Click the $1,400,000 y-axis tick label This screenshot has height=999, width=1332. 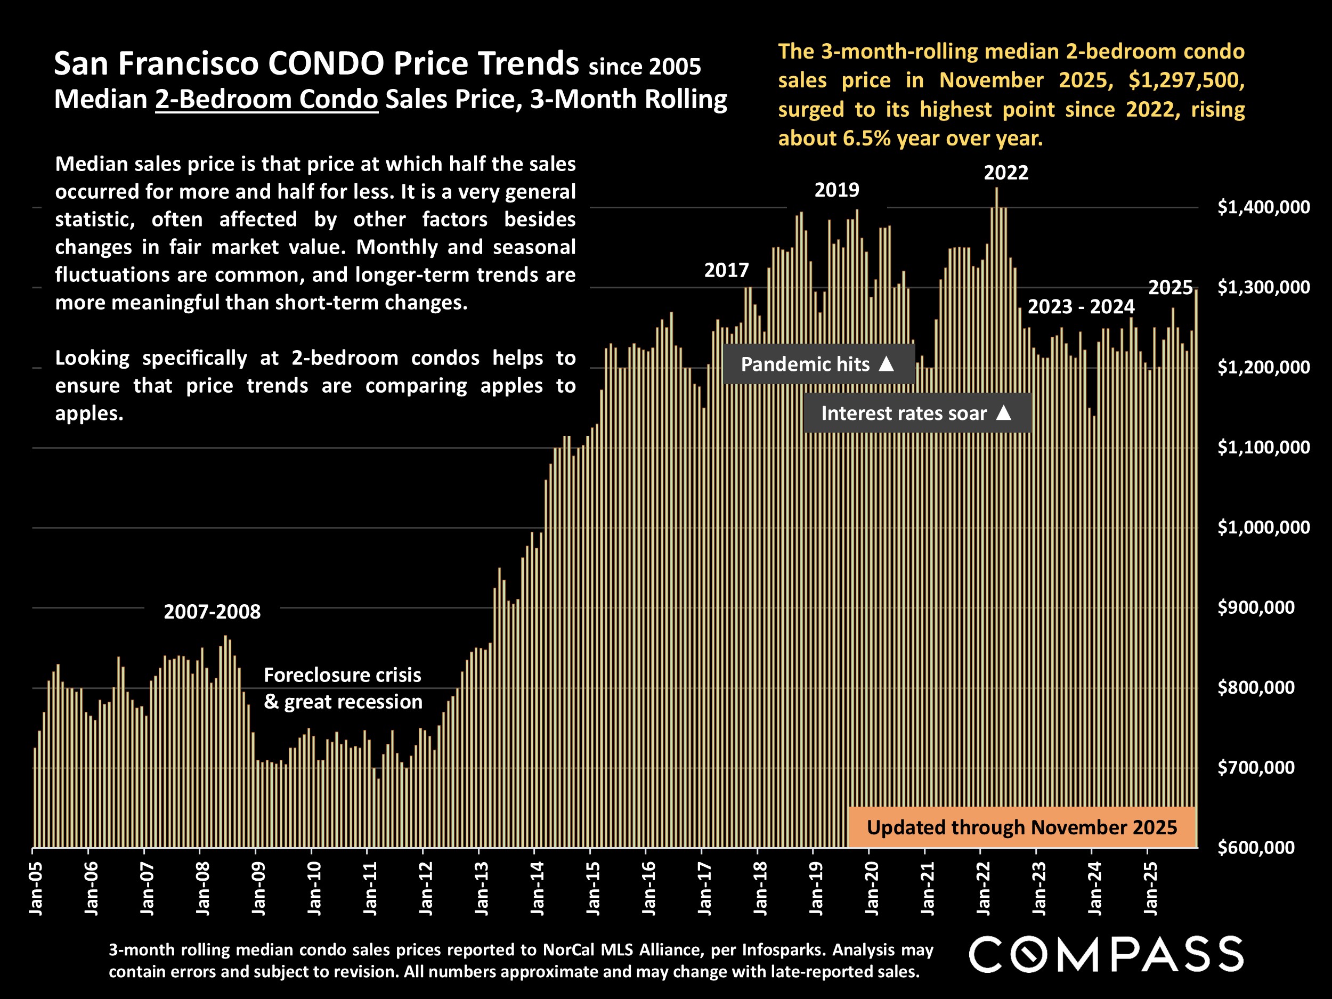pyautogui.click(x=1263, y=207)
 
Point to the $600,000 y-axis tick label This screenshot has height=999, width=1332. pyautogui.click(x=1255, y=847)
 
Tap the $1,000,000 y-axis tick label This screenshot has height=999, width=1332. pyautogui.click(x=1263, y=527)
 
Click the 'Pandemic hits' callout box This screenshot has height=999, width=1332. pyautogui.click(x=818, y=364)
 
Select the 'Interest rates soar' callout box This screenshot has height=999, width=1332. pyautogui.click(x=916, y=413)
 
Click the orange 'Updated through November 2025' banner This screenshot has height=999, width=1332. pyautogui.click(x=1021, y=827)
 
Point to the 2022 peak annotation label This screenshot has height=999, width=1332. pyautogui.click(x=1005, y=173)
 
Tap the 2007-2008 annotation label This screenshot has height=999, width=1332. pyautogui.click(x=212, y=612)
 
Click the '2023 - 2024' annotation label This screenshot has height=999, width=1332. pyautogui.click(x=1081, y=306)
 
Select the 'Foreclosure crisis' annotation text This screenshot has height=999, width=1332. pyautogui.click(x=342, y=675)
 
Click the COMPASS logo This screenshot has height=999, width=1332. pyautogui.click(x=1106, y=954)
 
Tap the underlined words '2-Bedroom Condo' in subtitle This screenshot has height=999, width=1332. pyautogui.click(x=266, y=99)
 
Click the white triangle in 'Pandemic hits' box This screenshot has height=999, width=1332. pyautogui.click(x=887, y=364)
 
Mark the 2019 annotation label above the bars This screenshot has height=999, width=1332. pyautogui.click(x=836, y=190)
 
